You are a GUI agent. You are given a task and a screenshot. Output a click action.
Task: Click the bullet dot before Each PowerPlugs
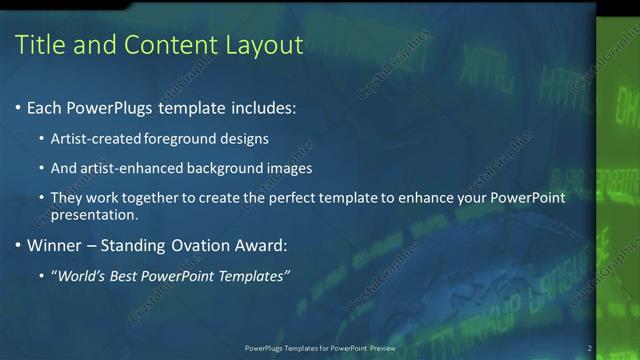point(19,107)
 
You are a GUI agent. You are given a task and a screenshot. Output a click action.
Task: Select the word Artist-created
point(94,138)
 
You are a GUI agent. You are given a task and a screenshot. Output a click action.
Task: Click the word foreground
point(178,138)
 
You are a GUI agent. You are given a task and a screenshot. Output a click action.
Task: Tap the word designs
point(243,138)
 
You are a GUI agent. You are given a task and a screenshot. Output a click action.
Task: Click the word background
point(229,168)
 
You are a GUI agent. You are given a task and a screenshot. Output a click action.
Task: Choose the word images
point(291,168)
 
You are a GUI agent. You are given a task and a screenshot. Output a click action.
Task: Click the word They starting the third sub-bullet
point(68,198)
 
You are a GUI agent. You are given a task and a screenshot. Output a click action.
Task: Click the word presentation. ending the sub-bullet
point(95,215)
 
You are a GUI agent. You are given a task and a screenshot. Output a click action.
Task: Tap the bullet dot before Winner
point(19,246)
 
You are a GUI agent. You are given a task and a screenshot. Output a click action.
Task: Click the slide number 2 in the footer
point(589,348)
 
